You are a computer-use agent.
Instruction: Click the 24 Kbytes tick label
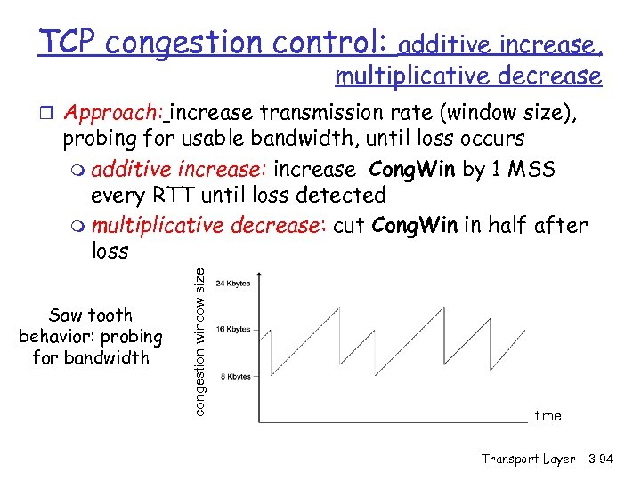point(232,284)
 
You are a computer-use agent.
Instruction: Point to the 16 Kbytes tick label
point(232,329)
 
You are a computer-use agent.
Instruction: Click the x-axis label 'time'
point(548,416)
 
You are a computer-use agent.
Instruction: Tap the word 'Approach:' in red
point(113,114)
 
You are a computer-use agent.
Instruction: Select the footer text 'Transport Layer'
point(528,459)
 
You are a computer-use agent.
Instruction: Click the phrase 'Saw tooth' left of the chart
point(90,315)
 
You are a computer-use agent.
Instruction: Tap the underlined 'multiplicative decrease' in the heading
point(467,76)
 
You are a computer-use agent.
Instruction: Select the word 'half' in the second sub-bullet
point(506,225)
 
